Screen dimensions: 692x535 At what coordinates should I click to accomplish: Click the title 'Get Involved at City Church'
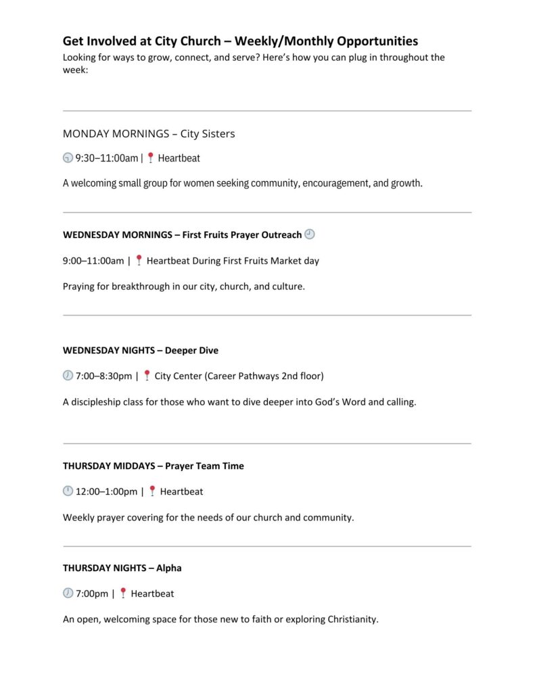click(142, 41)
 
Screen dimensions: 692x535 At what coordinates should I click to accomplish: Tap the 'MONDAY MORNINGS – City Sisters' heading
click(149, 134)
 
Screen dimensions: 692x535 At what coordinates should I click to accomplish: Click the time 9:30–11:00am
click(106, 158)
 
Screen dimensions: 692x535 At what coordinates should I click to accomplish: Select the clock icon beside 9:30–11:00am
click(68, 158)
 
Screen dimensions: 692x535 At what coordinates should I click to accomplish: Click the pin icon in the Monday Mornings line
click(150, 158)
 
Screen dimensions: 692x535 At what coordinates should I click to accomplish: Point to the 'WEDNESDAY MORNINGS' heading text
click(118, 235)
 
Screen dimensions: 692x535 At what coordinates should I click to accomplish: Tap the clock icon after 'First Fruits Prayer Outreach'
click(310, 234)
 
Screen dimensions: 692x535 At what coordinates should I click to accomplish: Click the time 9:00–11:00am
click(93, 261)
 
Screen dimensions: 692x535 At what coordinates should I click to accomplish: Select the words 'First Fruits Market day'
click(273, 261)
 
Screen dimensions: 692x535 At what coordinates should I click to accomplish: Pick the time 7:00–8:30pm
click(104, 376)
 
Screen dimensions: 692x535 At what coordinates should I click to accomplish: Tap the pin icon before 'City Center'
click(147, 376)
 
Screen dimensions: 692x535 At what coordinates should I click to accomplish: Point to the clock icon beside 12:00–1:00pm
click(68, 491)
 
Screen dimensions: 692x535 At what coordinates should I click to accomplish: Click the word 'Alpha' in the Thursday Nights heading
click(168, 568)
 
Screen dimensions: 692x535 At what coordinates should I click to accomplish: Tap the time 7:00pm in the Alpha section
click(91, 594)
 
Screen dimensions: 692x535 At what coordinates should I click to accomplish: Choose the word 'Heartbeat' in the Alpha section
click(152, 594)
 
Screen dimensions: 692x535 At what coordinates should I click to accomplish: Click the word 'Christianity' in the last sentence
click(352, 620)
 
